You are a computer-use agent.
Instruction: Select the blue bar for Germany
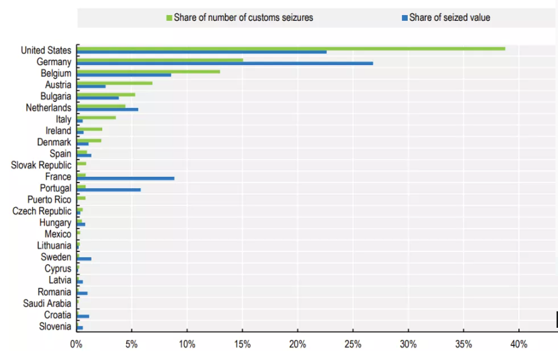pos(225,63)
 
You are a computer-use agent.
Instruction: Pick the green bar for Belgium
pos(148,71)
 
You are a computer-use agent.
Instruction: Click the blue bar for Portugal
pos(109,189)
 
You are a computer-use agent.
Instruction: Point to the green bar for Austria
pos(114,83)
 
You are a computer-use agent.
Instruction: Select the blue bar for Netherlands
pos(107,109)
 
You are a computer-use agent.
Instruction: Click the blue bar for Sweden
pos(84,258)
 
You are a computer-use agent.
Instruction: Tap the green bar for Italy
pos(96,117)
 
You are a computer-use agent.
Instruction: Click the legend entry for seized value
pos(449,18)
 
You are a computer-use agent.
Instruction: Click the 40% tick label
pos(519,344)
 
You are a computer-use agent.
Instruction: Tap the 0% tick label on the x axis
pos(76,344)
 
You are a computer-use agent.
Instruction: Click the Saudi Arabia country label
pos(47,303)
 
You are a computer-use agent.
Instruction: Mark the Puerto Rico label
pos(49,200)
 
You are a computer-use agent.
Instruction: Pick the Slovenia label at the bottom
pos(54,326)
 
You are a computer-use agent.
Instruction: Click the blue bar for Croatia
pos(83,316)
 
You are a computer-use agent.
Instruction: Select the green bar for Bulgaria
pos(106,94)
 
